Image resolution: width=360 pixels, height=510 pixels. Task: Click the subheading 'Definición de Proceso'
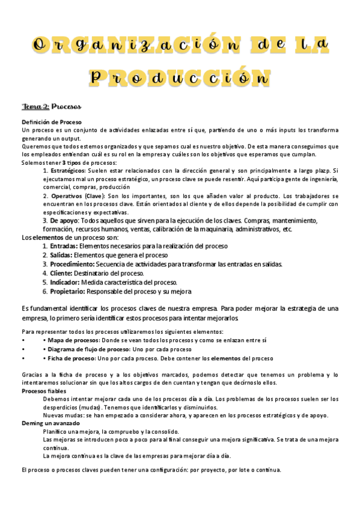[47, 122]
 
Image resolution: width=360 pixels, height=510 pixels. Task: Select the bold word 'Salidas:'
[61, 255]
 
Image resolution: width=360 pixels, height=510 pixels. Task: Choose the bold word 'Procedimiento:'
[72, 264]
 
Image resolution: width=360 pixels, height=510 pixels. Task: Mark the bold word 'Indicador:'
[65, 282]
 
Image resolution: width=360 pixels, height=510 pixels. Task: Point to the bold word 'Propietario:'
[68, 291]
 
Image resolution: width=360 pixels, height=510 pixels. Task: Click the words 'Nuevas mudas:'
[61, 415]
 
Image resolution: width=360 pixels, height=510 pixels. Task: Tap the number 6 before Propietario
[44, 291]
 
